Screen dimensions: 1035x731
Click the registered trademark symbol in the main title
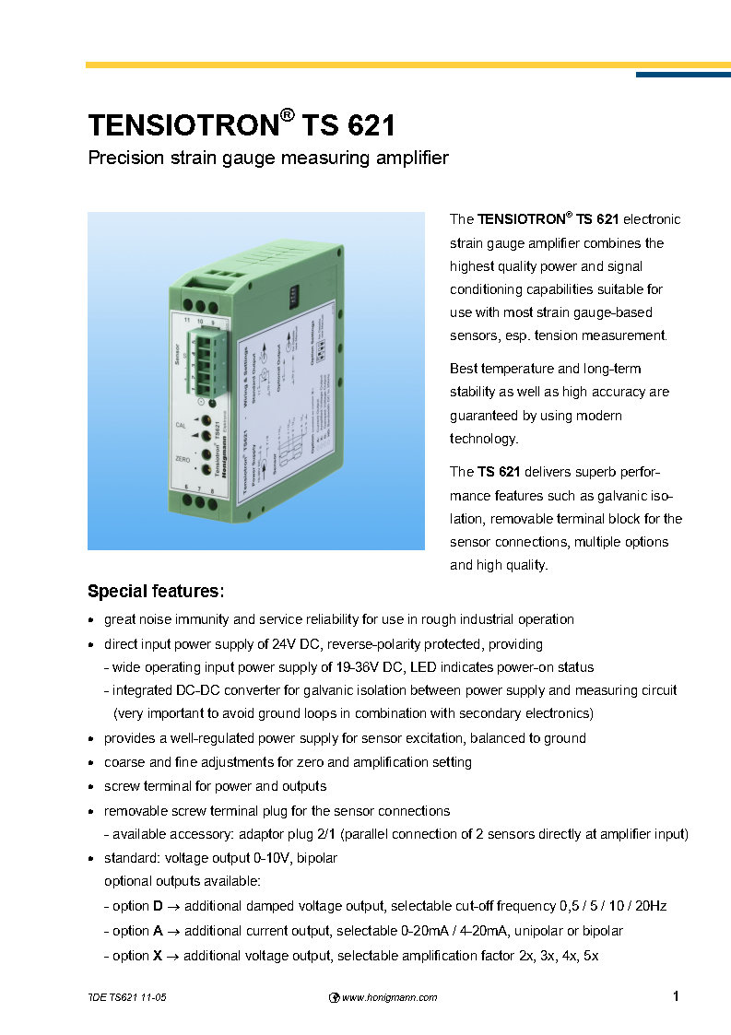(288, 115)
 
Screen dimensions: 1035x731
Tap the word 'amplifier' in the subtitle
(410, 158)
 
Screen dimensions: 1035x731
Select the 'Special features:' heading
(155, 590)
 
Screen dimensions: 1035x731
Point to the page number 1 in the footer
(676, 995)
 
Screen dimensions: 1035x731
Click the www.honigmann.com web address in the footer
(389, 997)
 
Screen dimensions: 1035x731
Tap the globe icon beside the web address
(335, 997)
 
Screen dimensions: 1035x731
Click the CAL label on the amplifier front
(182, 425)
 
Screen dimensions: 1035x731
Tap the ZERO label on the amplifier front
(183, 458)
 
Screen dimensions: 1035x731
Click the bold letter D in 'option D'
(158, 906)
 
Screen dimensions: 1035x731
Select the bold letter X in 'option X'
(158, 956)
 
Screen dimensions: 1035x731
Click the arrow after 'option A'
(172, 931)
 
